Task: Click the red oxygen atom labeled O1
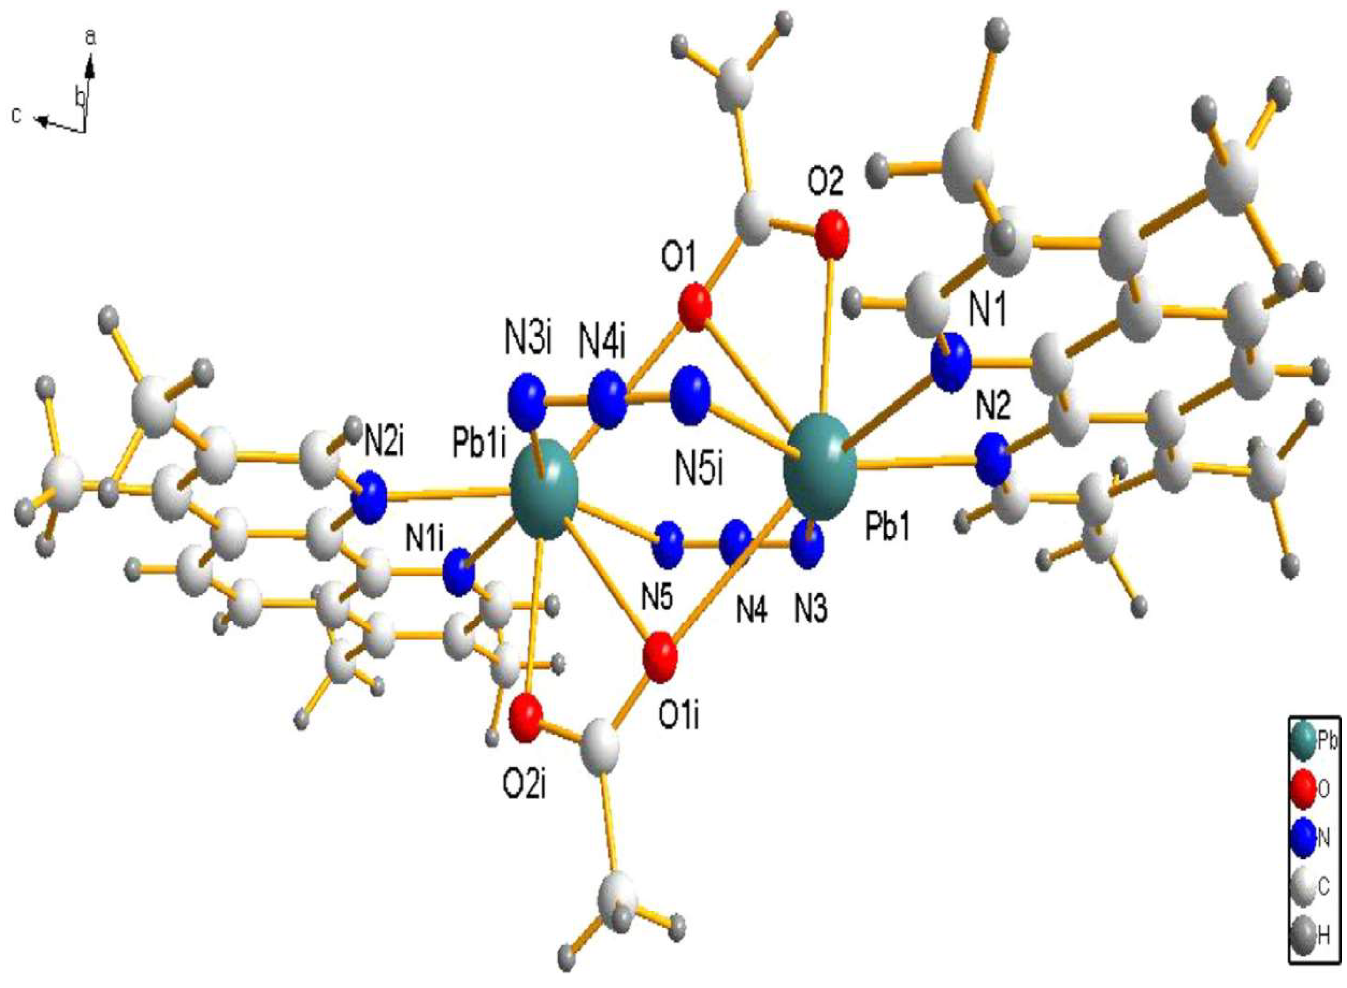(x=695, y=307)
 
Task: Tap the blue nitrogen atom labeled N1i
(x=459, y=571)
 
